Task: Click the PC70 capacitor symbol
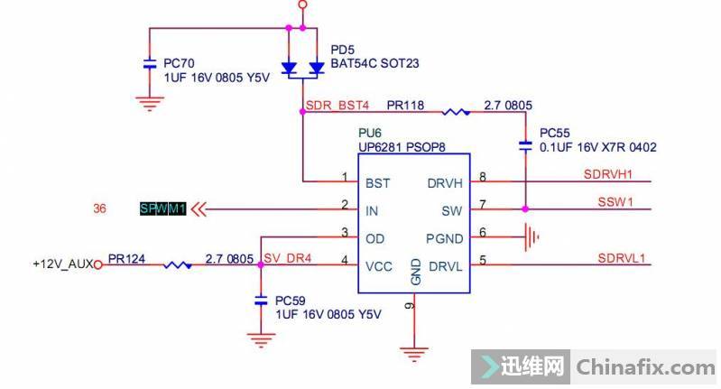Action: [150, 65]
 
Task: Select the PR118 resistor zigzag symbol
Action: [456, 112]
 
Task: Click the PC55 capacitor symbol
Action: [524, 144]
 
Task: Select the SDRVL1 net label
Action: [621, 257]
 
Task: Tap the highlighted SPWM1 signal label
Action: [162, 209]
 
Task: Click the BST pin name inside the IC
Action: [377, 183]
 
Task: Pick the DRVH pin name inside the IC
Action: [445, 183]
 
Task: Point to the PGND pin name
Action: [444, 238]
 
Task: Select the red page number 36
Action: [101, 209]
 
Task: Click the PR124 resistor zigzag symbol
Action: [177, 265]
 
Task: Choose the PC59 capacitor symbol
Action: [260, 299]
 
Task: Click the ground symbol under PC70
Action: [150, 103]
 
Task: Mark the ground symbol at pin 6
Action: [532, 237]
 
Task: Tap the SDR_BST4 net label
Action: [338, 106]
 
